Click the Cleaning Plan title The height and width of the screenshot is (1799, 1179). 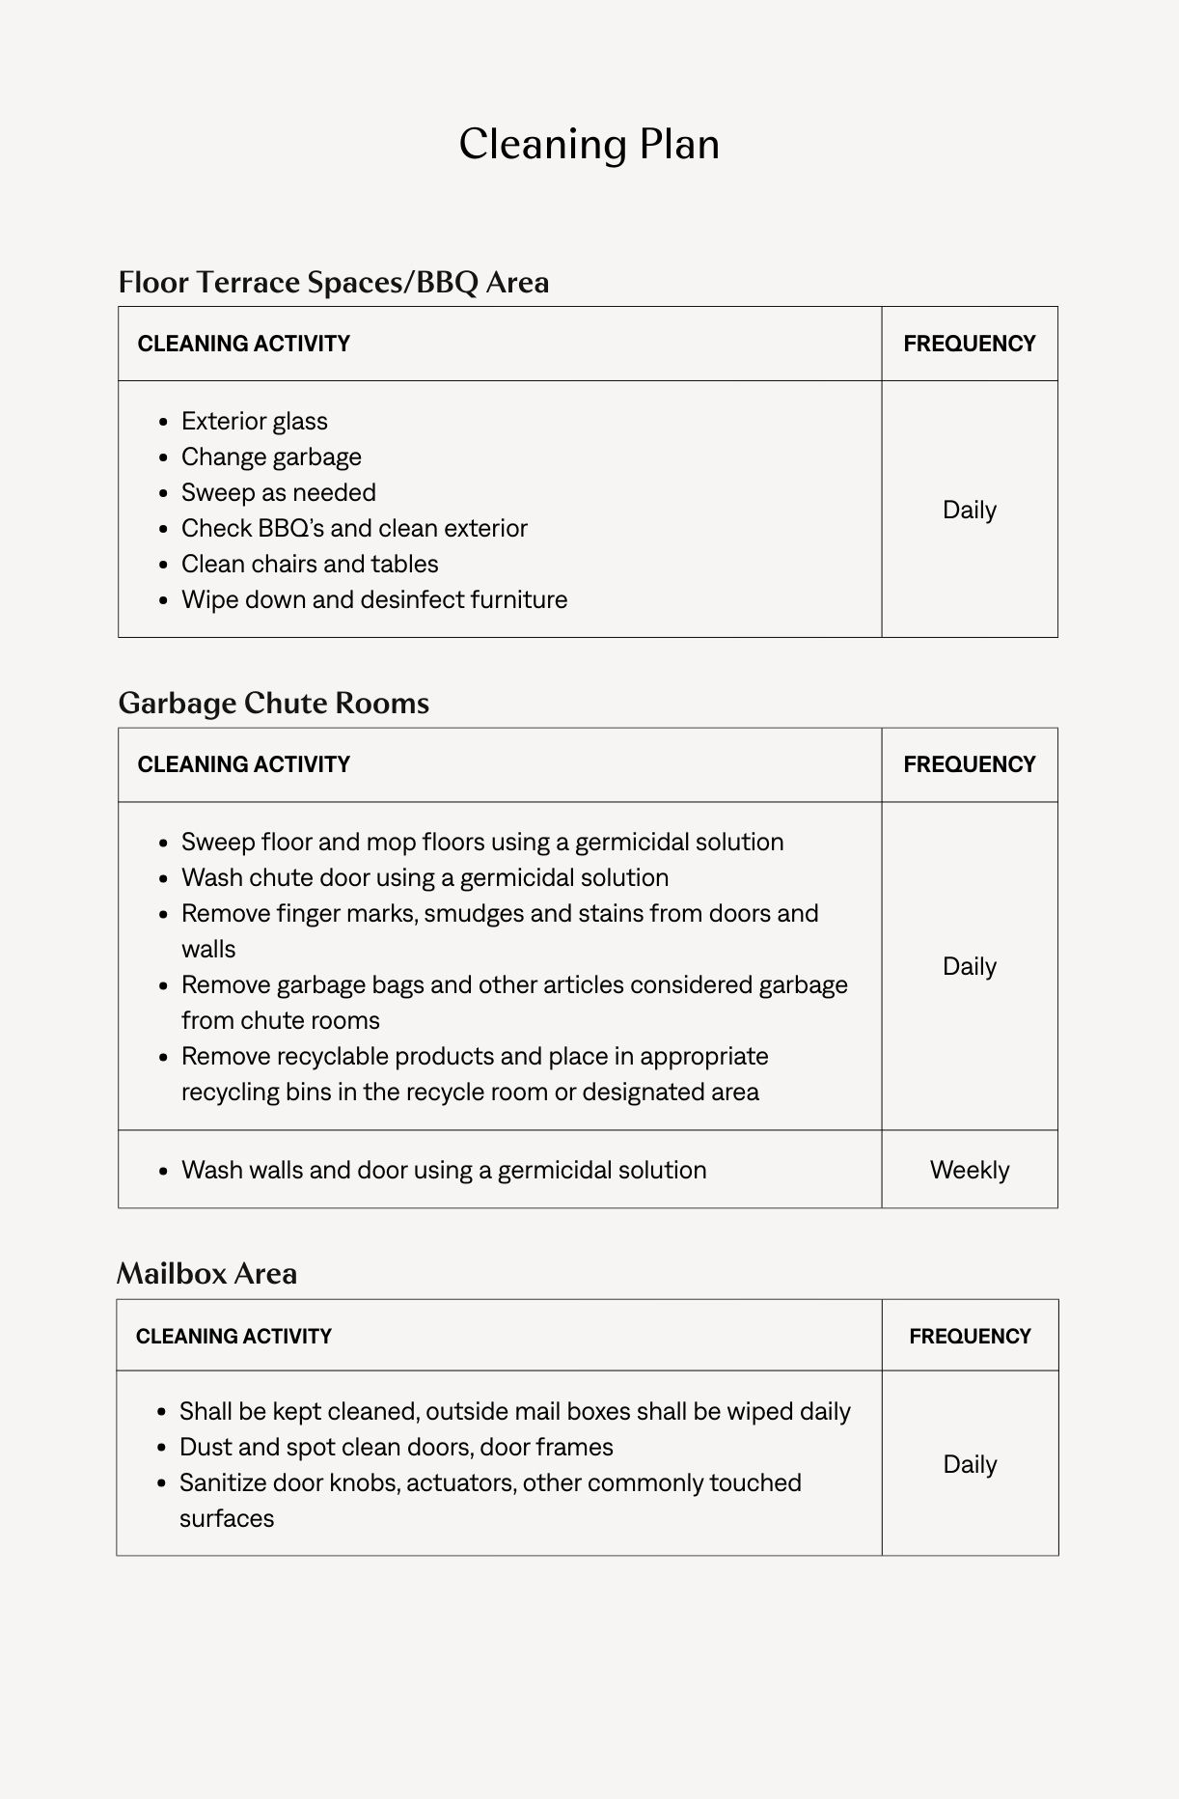[x=589, y=145]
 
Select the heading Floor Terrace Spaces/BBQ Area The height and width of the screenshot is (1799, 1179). [x=333, y=282]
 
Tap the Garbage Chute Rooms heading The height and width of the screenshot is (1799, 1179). [x=273, y=703]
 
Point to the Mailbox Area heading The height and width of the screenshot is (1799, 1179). [x=206, y=1273]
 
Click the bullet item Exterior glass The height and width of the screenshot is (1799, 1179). [x=254, y=421]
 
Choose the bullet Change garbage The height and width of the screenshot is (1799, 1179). [x=271, y=457]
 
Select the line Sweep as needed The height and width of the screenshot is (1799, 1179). [x=278, y=492]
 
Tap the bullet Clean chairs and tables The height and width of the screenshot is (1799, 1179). [x=310, y=564]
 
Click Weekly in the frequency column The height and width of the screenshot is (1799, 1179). [x=969, y=1170]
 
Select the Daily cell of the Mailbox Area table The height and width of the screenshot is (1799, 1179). [x=969, y=1464]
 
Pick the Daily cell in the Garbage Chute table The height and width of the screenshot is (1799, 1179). [x=969, y=966]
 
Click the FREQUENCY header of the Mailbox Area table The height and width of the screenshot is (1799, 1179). [x=969, y=1337]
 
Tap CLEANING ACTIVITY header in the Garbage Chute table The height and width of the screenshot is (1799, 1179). [x=243, y=764]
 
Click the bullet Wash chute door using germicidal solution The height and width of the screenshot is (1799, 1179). [x=425, y=877]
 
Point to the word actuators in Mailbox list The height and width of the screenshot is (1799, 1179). [x=461, y=1482]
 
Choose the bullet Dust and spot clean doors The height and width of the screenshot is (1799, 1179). [x=396, y=1447]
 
